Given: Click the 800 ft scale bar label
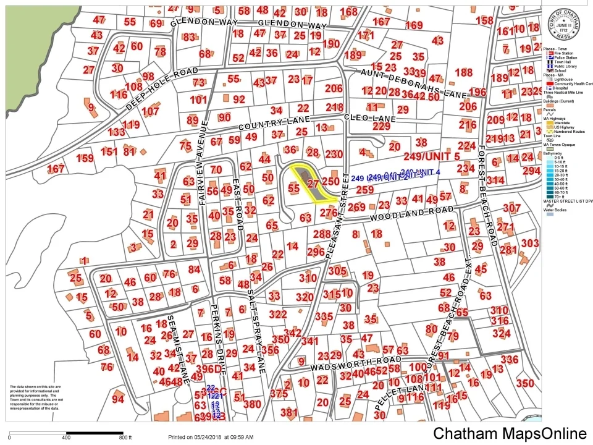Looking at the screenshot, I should tap(125, 438).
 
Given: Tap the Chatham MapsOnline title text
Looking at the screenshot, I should tap(510, 433).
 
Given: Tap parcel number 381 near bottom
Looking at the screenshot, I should tap(288, 412).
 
